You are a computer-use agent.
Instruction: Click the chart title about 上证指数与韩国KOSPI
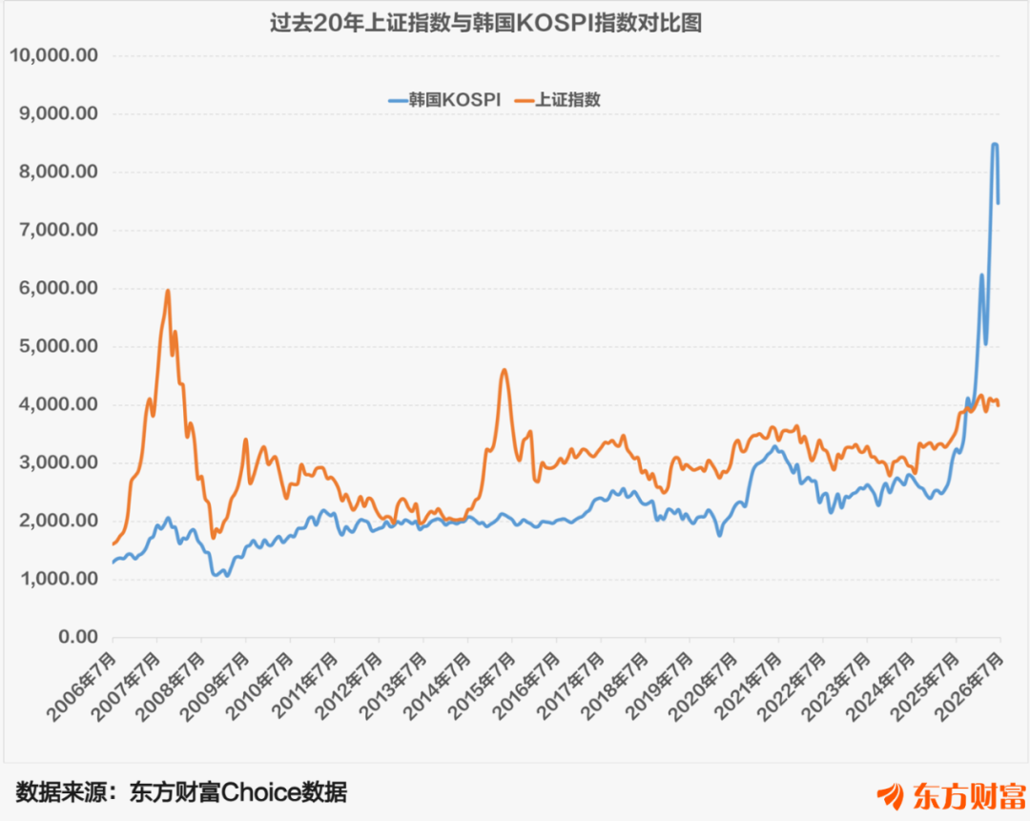485,23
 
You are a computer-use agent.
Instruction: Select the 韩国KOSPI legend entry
444,100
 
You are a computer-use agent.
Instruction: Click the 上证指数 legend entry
558,100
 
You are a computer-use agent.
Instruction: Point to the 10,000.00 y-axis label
53,55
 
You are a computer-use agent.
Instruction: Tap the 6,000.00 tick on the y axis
58,288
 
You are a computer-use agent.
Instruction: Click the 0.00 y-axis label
78,636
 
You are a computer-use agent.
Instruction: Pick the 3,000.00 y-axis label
58,462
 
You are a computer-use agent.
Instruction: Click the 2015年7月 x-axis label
483,687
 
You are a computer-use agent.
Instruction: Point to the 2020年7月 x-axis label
704,687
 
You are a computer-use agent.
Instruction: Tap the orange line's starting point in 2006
113,544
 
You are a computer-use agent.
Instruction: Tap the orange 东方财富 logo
952,795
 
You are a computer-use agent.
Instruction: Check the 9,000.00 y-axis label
58,113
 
